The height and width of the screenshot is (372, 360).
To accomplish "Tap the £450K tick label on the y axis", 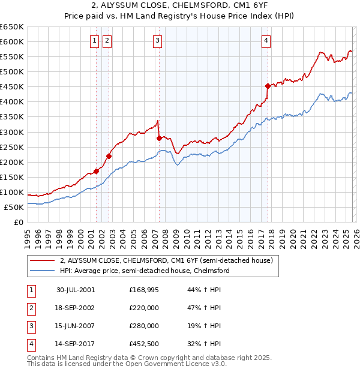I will coord(12,86).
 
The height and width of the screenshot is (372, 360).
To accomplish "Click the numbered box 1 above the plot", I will coord(95,41).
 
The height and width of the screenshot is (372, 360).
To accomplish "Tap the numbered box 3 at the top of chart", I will coord(157,41).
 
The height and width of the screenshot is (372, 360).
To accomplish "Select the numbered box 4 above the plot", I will coord(266,41).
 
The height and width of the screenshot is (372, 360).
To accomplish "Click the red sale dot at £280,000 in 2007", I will coord(159,138).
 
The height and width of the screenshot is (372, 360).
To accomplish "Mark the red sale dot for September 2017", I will coord(268,86).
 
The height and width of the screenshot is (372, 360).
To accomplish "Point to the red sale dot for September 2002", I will coord(109,156).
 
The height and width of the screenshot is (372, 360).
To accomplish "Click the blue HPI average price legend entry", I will coord(145,271).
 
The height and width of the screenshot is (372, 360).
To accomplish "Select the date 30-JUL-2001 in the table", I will coord(76,290).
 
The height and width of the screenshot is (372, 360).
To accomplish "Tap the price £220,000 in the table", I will coord(144,308).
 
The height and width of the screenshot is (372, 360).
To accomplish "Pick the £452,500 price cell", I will coord(144,344).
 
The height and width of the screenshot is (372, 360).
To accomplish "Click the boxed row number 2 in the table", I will coord(30,308).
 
